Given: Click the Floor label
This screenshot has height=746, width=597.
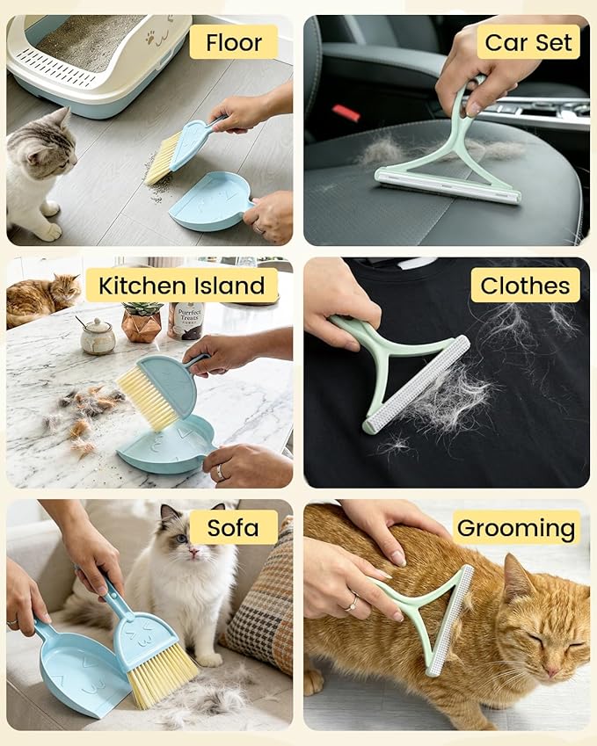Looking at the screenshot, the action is click(233, 42).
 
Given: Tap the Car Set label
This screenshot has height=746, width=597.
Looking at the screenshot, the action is click(528, 42).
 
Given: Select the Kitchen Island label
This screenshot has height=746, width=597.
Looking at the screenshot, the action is click(182, 286).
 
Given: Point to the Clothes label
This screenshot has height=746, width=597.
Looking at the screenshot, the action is click(525, 286).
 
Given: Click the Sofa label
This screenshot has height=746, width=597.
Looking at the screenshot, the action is click(233, 527).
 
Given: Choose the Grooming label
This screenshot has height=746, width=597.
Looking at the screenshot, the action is click(516, 527).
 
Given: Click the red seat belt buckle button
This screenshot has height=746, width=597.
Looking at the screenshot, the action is click(346, 113).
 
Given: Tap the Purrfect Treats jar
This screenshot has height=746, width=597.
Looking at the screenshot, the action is click(186, 321).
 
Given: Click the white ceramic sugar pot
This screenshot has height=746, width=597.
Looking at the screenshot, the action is click(97, 335).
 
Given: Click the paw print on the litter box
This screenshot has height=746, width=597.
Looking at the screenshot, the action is click(150, 38).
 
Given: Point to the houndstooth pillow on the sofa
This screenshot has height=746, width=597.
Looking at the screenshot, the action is click(260, 599).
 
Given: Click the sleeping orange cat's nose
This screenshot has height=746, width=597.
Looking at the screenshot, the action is click(552, 672).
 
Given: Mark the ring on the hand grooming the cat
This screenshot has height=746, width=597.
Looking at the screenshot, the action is click(353, 603).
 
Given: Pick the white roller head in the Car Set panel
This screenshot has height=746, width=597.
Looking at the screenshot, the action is click(448, 187).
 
